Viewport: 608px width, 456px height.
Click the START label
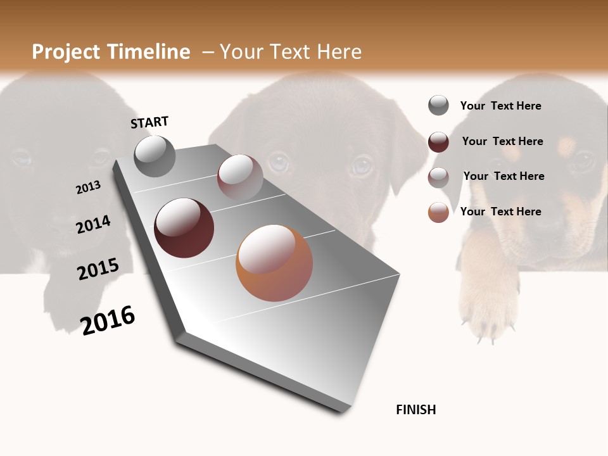point(149,122)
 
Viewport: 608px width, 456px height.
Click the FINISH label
point(415,410)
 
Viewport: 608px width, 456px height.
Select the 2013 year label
point(88,187)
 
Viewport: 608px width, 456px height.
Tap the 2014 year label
point(93,225)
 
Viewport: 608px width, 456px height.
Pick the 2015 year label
point(98,269)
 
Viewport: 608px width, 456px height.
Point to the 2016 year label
point(108,320)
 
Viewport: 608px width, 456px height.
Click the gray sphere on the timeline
point(155,156)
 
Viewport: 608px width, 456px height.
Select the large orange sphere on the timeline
point(274,263)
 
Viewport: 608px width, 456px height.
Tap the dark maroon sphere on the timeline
point(184,228)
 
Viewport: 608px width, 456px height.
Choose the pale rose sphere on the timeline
point(240,177)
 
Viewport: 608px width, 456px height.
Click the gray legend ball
point(438,105)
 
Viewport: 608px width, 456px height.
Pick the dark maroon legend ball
point(438,141)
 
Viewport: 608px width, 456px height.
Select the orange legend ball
point(438,212)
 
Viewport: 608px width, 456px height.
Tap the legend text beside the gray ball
point(500,106)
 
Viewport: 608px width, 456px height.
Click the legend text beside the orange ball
point(500,212)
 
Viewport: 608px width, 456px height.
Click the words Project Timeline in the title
point(111,52)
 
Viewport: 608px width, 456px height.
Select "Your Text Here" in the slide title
point(291,52)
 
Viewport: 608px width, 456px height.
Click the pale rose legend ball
point(438,177)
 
